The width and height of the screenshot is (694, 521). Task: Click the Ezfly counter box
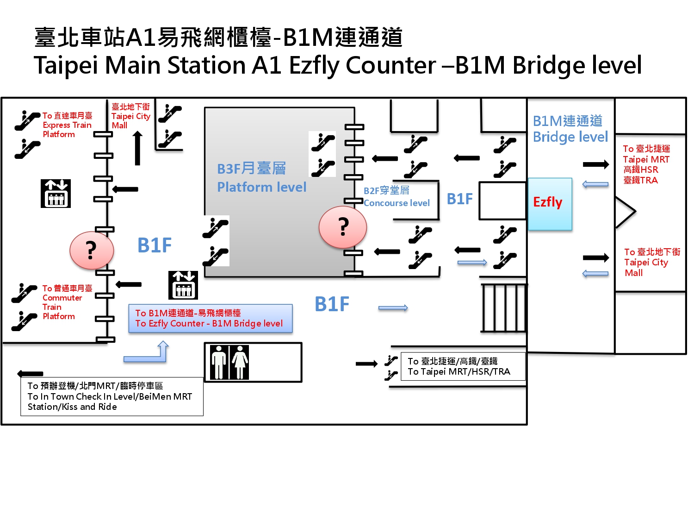click(550, 204)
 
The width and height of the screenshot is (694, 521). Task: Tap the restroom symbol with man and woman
click(230, 362)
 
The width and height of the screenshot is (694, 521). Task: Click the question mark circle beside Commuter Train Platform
click(92, 251)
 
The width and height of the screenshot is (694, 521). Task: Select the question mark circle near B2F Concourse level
click(343, 227)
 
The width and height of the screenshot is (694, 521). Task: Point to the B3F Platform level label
click(261, 178)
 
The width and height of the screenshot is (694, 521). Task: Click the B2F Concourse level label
click(397, 197)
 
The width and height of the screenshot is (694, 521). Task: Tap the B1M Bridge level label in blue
click(570, 129)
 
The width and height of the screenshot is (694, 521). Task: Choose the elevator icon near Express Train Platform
click(56, 193)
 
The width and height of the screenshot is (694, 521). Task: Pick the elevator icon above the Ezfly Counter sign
click(183, 285)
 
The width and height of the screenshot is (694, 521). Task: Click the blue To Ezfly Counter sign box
click(211, 318)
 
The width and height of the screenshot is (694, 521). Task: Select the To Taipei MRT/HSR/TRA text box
click(463, 366)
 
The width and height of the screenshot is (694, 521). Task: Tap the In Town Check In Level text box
click(112, 396)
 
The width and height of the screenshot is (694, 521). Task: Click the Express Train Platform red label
click(68, 125)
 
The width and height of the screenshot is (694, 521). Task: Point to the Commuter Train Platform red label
click(65, 302)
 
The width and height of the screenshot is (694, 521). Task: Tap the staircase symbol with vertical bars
click(504, 308)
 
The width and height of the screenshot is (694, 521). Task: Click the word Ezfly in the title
click(316, 65)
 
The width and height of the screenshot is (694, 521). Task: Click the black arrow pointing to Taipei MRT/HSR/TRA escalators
click(366, 364)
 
